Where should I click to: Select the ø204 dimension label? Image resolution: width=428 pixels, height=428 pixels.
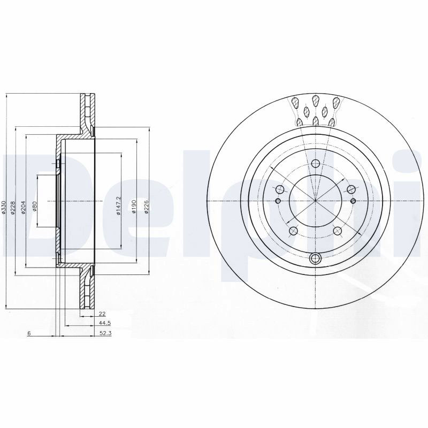pos(24,207)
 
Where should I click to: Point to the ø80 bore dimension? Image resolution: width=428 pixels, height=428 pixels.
pos(35,207)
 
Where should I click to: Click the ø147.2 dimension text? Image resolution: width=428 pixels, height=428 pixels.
pos(118,206)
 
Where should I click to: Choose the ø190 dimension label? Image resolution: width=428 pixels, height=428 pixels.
pos(134,207)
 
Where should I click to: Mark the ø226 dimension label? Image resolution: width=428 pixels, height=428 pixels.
pos(147,207)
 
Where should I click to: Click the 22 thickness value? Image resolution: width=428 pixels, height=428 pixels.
pos(102,314)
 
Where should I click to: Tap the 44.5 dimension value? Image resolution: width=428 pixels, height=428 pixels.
pos(105,323)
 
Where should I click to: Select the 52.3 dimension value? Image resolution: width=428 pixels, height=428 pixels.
pos(105,333)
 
